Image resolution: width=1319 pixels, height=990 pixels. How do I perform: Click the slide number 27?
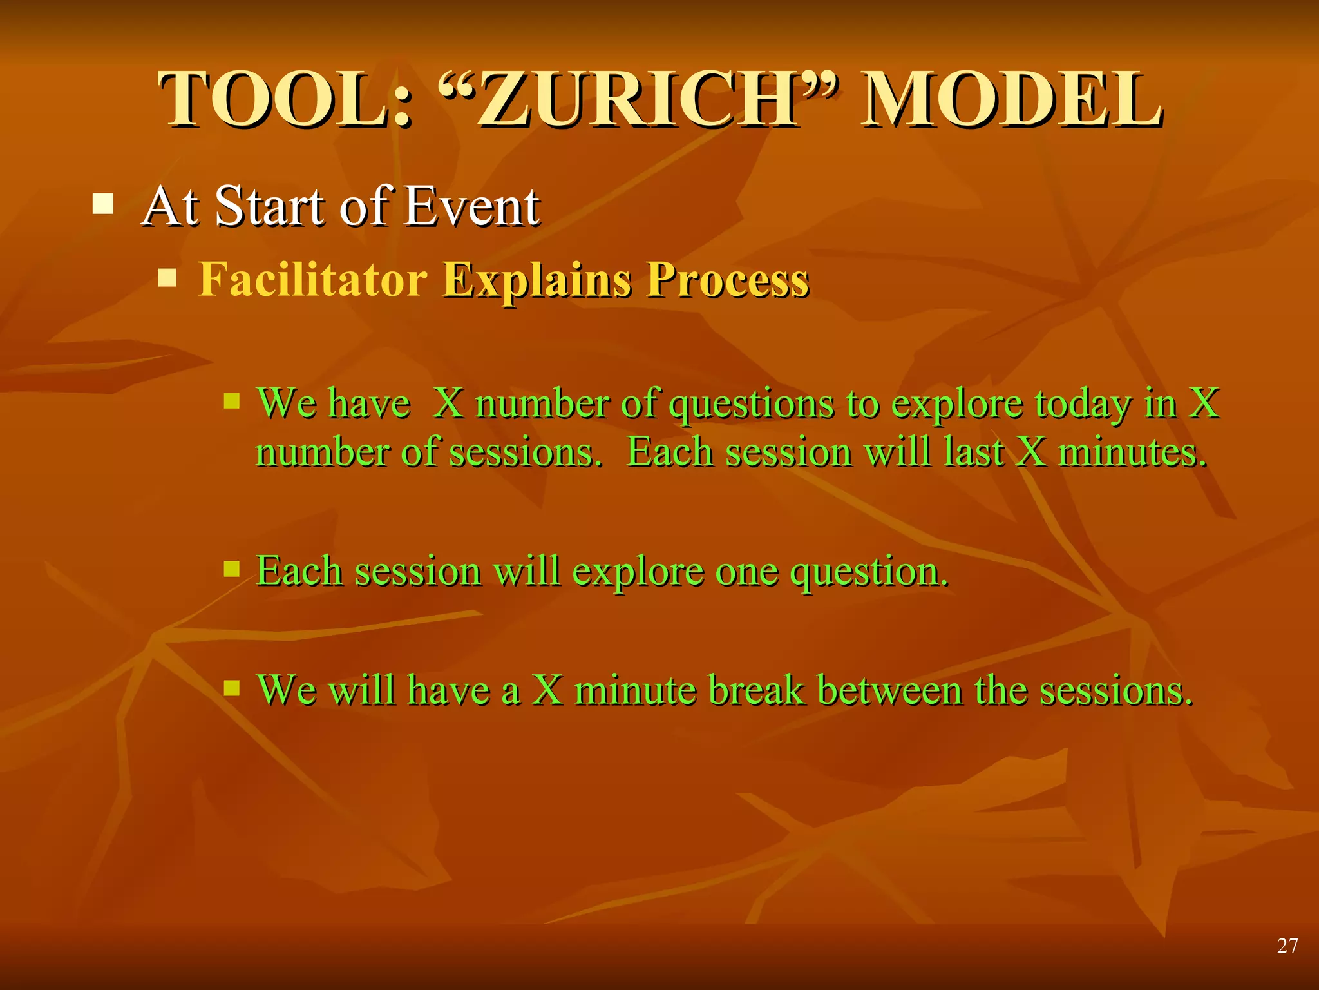[1287, 946]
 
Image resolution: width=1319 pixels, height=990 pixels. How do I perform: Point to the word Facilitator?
[312, 280]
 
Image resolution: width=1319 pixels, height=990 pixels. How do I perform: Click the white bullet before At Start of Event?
[103, 204]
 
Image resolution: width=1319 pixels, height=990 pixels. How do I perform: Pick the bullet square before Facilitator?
[167, 278]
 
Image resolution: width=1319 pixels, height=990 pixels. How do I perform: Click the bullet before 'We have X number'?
[231, 402]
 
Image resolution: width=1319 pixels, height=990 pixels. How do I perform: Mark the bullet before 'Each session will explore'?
[231, 569]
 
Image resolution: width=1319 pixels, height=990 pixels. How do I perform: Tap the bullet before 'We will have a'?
[231, 688]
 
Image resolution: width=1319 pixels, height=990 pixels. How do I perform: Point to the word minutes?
[1132, 452]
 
